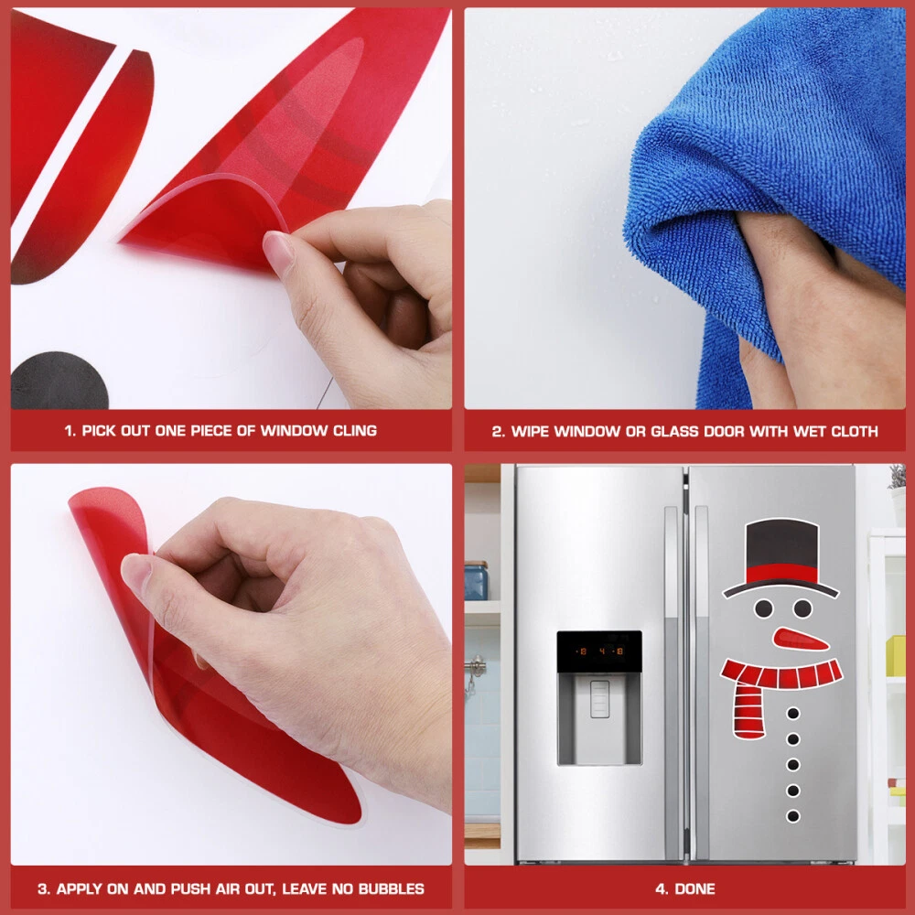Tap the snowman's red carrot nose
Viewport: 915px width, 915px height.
pyautogui.click(x=800, y=639)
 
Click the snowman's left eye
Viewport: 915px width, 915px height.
pyautogui.click(x=763, y=608)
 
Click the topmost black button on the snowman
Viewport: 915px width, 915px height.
pyautogui.click(x=793, y=713)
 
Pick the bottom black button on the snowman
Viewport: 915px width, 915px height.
pyautogui.click(x=793, y=816)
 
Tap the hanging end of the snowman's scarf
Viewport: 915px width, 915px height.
pyautogui.click(x=748, y=710)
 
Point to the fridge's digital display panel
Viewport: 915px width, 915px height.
pyautogui.click(x=599, y=651)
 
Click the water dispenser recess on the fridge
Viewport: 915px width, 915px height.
pyautogui.click(x=599, y=718)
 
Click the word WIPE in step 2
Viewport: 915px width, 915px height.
pyautogui.click(x=530, y=431)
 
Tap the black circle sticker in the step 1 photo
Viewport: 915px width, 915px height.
pyautogui.click(x=59, y=380)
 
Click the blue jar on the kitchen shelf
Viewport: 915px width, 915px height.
pyautogui.click(x=476, y=581)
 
